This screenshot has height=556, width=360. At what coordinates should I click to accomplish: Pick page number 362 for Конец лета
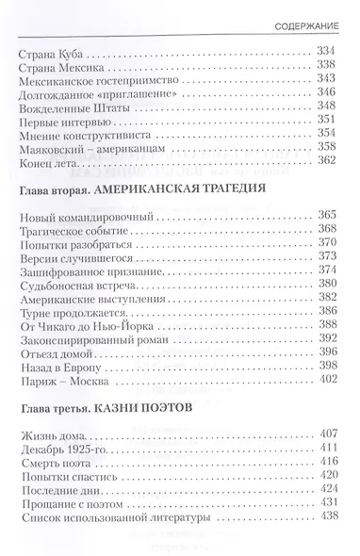coord(326,168)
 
